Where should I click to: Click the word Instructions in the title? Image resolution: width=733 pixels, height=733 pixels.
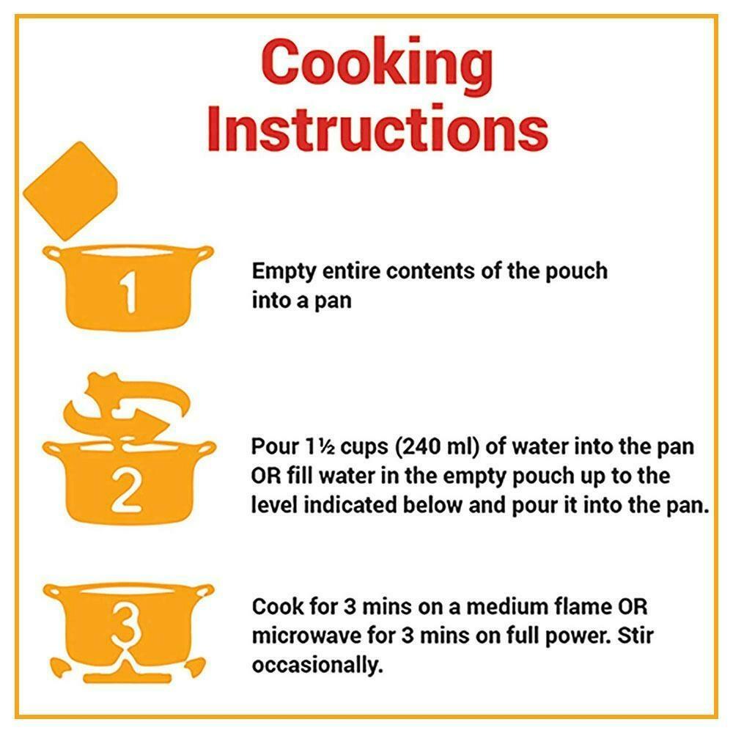point(377,128)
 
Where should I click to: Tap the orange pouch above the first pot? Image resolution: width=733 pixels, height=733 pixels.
point(70,191)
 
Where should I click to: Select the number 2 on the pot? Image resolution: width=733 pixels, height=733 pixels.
point(126,491)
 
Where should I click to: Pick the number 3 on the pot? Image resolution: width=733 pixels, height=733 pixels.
point(126,627)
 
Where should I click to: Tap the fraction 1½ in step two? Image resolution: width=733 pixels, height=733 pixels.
point(320,447)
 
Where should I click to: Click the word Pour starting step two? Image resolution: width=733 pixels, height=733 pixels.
point(275,446)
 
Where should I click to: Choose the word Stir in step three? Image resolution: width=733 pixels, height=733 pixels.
point(636,636)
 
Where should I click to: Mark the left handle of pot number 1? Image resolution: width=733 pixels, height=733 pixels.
point(52,253)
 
